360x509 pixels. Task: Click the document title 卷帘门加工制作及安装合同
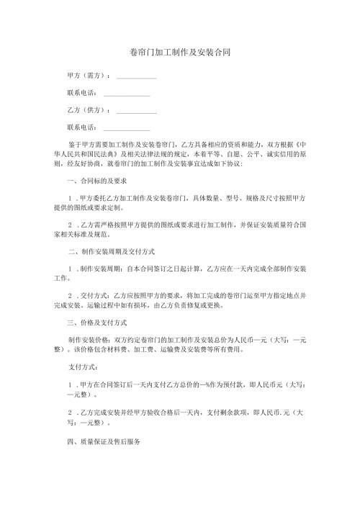point(179,53)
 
